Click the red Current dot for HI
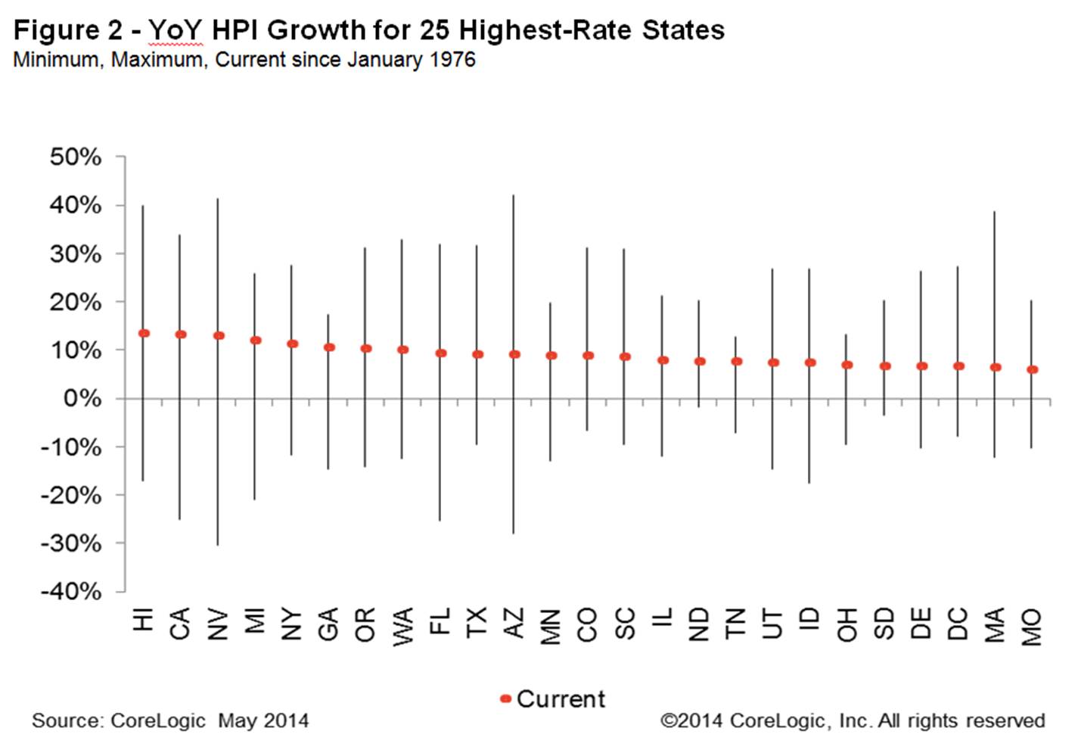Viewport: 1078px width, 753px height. tap(144, 333)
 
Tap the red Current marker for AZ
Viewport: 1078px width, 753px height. tap(514, 354)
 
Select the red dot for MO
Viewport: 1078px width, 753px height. tap(1033, 369)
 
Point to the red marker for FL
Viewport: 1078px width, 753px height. tap(441, 353)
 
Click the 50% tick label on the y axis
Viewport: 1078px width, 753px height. tap(76, 157)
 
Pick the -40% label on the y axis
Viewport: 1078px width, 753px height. tap(72, 591)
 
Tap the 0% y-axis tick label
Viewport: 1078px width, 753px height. tap(82, 399)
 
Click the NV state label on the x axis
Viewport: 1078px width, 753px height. tap(217, 624)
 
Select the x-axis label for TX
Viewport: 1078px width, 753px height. tap(477, 622)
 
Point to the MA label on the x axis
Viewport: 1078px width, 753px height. tap(995, 624)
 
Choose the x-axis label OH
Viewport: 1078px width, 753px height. tap(847, 624)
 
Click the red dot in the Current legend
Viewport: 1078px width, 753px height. tap(505, 699)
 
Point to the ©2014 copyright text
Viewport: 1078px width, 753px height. tap(692, 720)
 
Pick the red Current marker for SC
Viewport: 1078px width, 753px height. tap(625, 356)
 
